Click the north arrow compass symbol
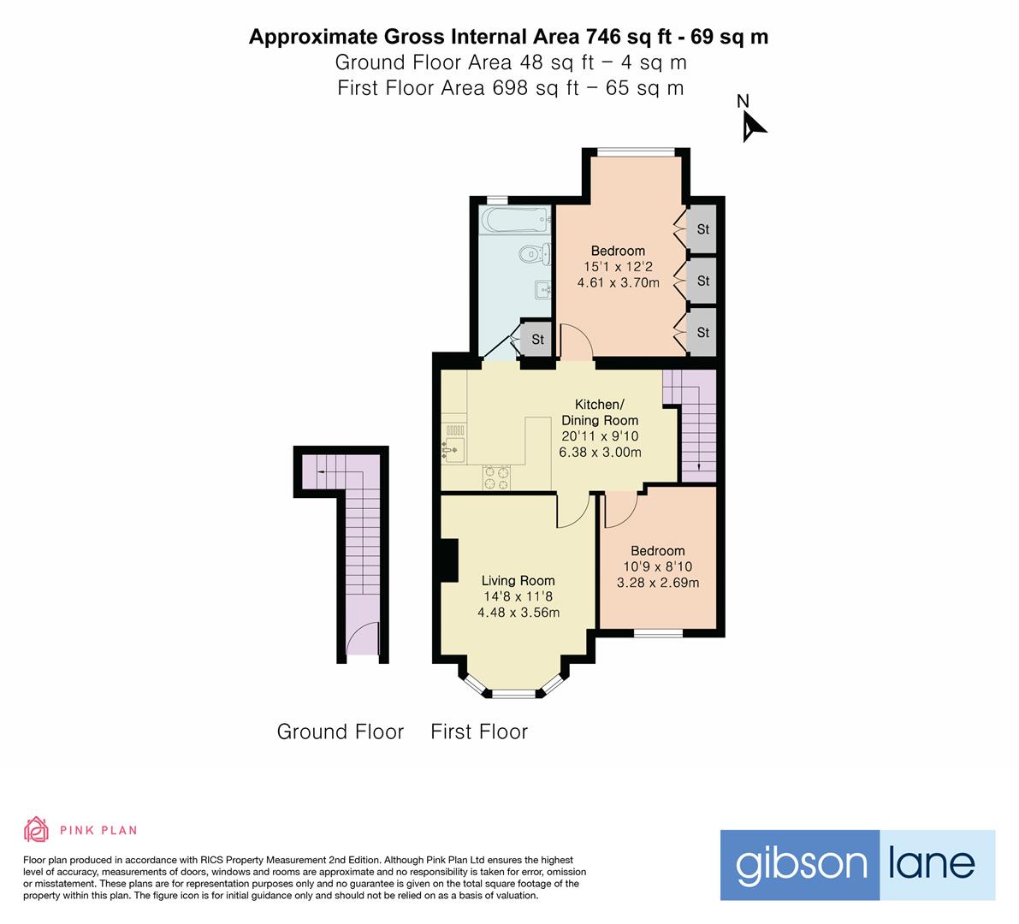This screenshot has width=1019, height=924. click(x=753, y=126)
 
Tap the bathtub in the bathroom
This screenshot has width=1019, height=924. click(x=515, y=220)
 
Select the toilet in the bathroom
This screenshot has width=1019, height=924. click(x=536, y=253)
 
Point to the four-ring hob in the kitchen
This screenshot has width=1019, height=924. click(x=496, y=477)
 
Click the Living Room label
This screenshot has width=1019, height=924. click(x=518, y=580)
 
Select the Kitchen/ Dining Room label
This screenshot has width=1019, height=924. click(x=600, y=412)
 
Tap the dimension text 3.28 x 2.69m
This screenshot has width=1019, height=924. click(x=658, y=583)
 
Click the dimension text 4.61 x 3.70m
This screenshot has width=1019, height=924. click(x=618, y=282)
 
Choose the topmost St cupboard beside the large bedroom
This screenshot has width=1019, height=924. click(x=702, y=229)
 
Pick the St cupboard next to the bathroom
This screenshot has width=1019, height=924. click(x=536, y=339)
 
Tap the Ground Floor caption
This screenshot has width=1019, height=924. click(x=341, y=731)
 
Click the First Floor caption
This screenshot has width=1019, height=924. click(x=479, y=731)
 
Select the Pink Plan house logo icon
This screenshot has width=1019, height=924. click(x=37, y=829)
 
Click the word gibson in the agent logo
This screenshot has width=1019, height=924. click(x=801, y=865)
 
